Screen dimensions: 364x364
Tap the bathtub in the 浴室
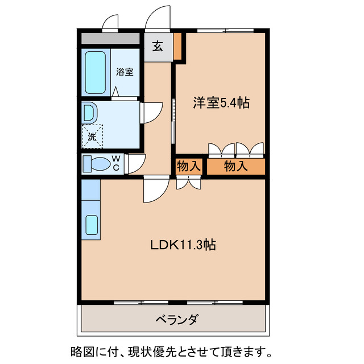pyautogui.click(x=96, y=73)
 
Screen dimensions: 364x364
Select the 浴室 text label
pyautogui.click(x=125, y=72)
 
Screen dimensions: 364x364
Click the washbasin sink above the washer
pyautogui.click(x=89, y=112)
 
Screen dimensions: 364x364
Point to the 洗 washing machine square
pyautogui.click(x=92, y=135)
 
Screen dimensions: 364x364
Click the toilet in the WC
pyautogui.click(x=97, y=164)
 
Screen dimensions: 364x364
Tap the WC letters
pyautogui.click(x=115, y=163)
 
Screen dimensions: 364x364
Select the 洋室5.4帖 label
pyautogui.click(x=221, y=103)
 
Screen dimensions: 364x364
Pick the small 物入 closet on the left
pyautogui.click(x=188, y=167)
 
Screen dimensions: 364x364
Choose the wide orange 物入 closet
pyautogui.click(x=235, y=167)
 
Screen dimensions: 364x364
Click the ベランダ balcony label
pyautogui.click(x=176, y=319)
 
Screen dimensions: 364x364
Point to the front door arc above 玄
pyautogui.click(x=158, y=20)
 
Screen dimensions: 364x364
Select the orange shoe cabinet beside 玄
pyautogui.click(x=178, y=47)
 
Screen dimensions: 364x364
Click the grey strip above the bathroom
pyautogui.click(x=110, y=39)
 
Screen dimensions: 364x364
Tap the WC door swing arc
pyautogui.click(x=135, y=164)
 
